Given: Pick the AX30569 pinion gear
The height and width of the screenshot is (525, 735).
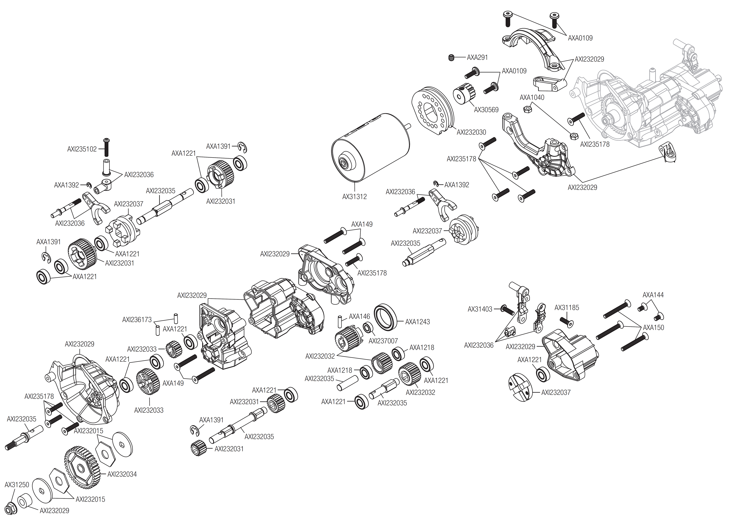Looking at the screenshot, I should [463, 93].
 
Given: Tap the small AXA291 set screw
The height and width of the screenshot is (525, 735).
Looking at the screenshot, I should [452, 58].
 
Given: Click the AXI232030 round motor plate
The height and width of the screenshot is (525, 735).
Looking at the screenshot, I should [433, 110].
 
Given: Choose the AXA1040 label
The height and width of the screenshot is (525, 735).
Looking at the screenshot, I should [532, 97].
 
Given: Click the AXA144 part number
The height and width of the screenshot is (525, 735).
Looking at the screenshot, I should [653, 295].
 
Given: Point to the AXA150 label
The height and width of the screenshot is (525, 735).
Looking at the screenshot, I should [653, 327].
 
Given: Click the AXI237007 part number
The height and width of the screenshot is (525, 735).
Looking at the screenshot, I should [383, 341].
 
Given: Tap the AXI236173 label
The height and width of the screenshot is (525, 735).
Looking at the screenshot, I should [137, 320].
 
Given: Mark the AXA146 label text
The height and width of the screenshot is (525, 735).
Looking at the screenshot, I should [359, 316].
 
